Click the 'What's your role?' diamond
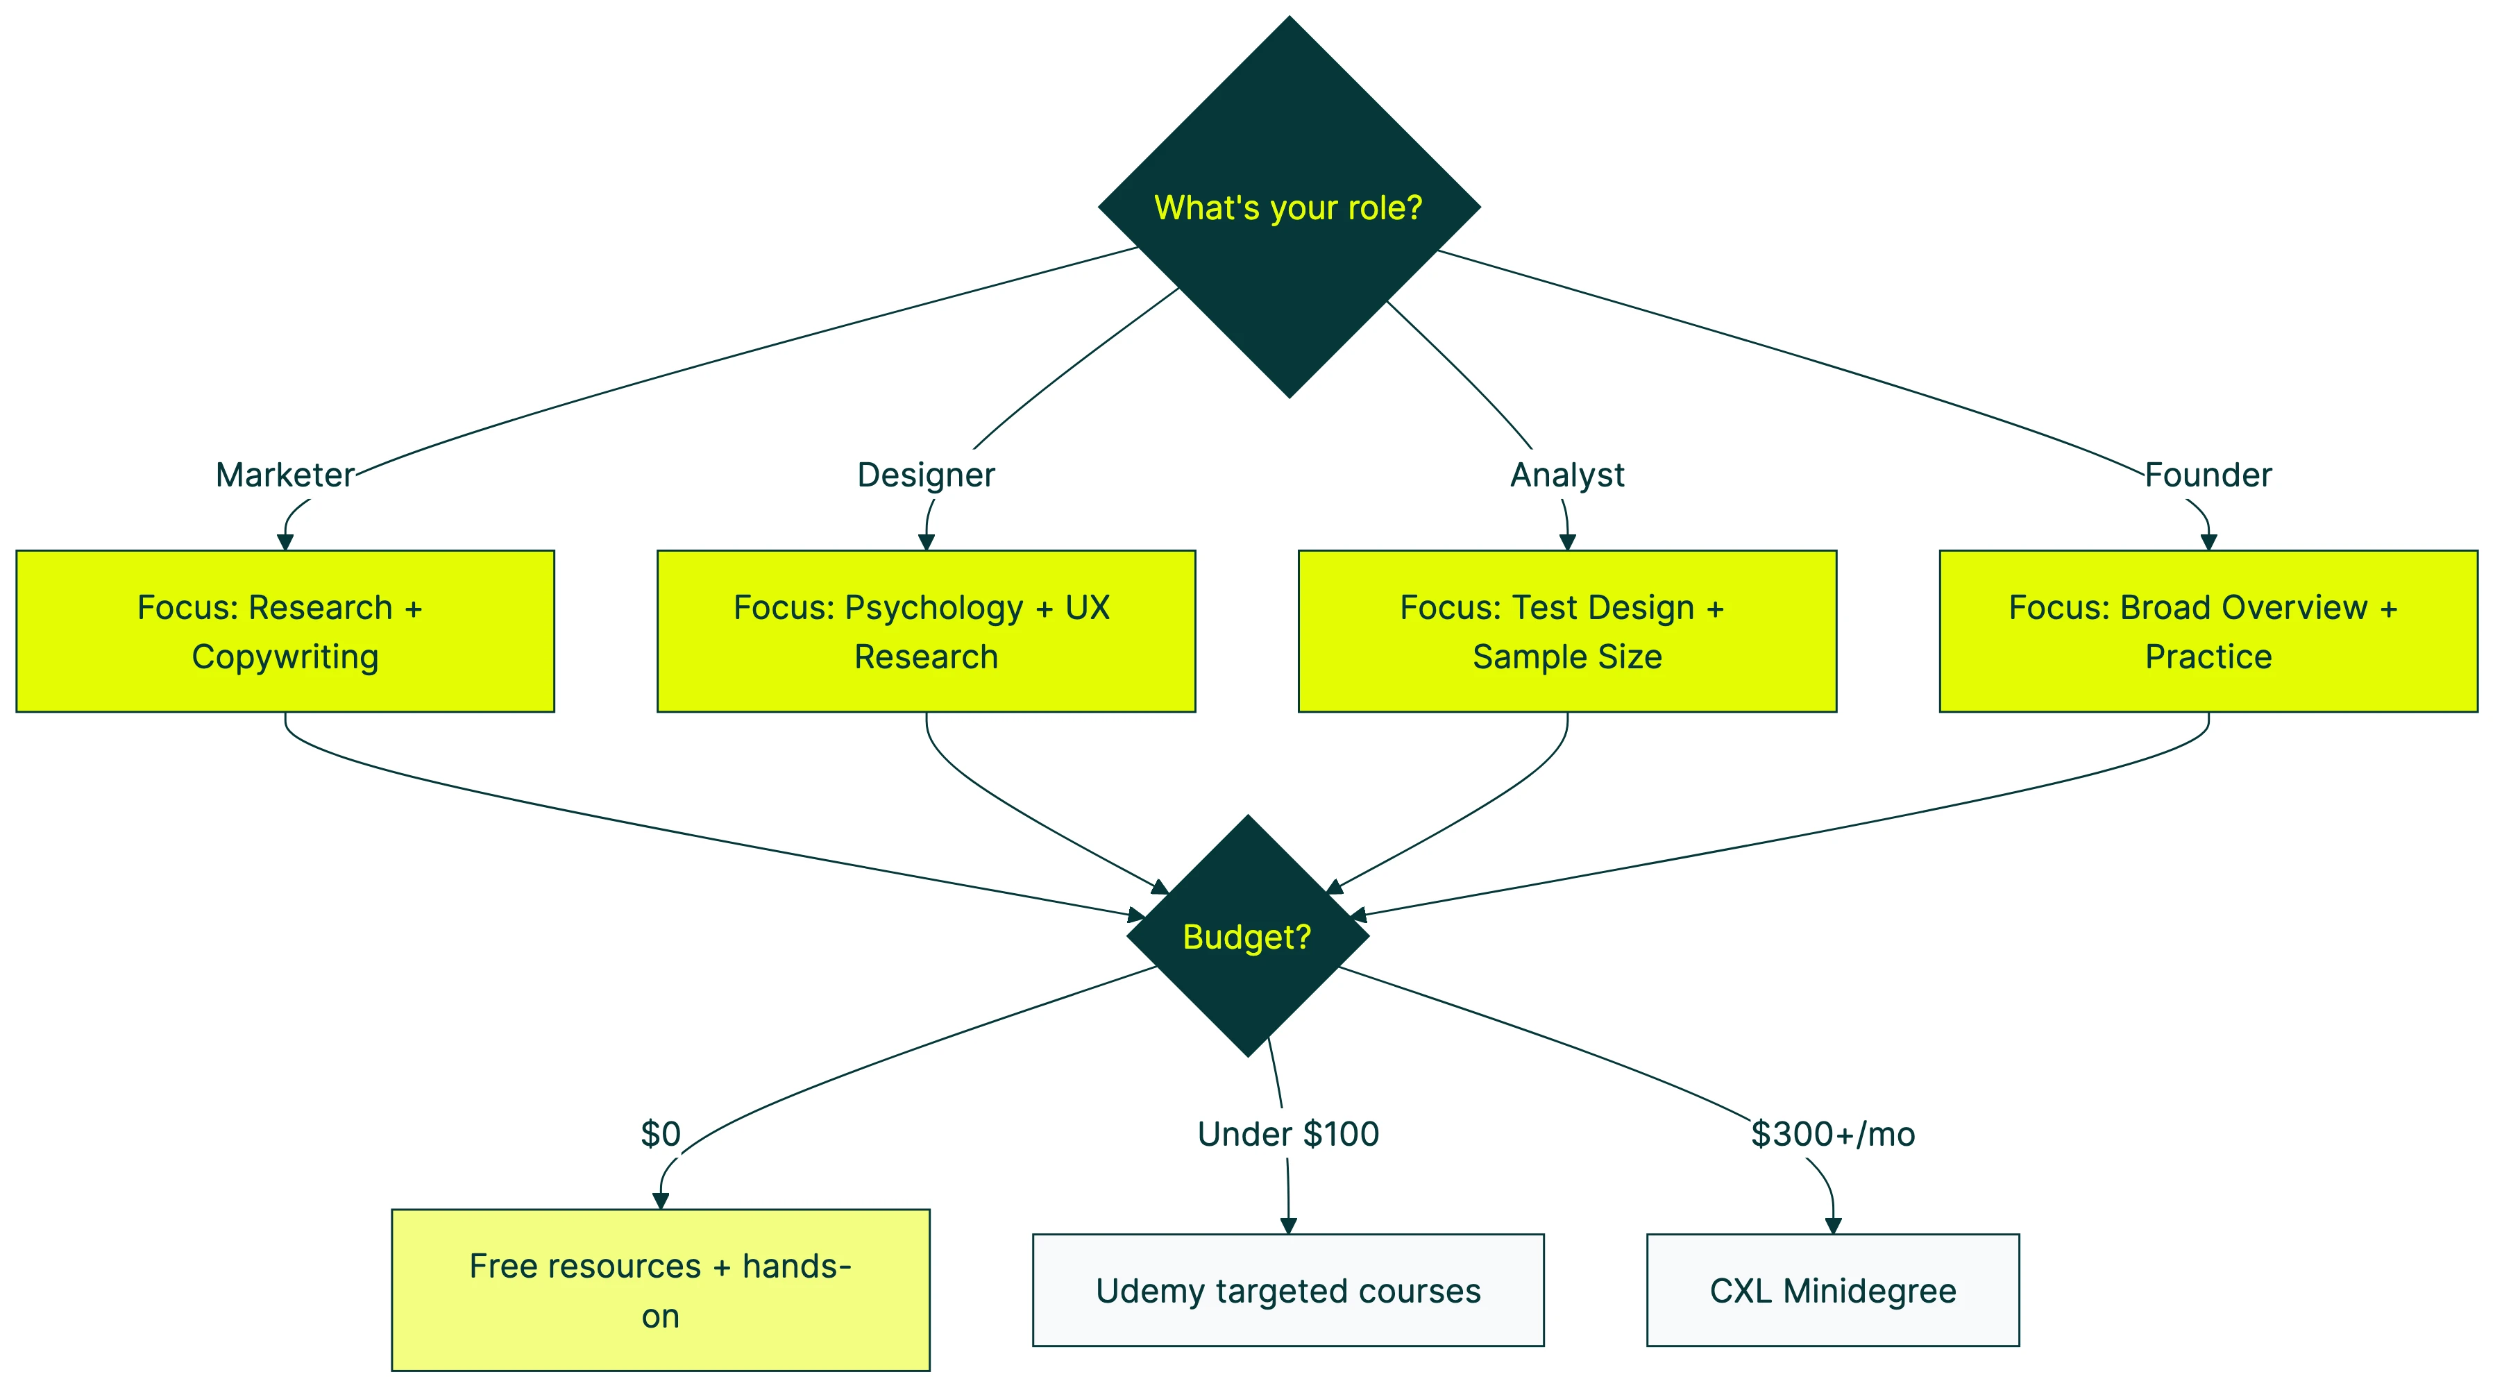coord(1289,207)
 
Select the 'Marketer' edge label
coord(285,475)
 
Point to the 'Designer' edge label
coord(926,475)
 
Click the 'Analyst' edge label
coord(1566,475)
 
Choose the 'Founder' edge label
coord(2208,475)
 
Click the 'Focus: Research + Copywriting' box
coord(285,631)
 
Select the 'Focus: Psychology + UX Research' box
coord(926,631)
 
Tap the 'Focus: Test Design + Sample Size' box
coord(1566,631)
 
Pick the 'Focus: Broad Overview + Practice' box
coord(2208,631)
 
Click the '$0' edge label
coord(660,1134)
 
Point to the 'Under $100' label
coord(1287,1134)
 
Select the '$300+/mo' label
coord(1832,1134)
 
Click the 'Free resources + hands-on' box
coord(660,1289)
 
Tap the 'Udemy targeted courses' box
coord(1287,1289)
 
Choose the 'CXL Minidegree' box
coord(1832,1289)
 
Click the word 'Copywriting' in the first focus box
coord(285,657)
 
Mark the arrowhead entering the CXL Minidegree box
coord(1832,1226)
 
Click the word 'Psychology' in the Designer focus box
coord(934,607)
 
